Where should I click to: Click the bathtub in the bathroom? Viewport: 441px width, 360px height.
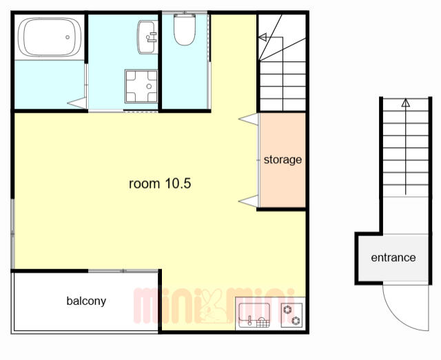pos(50,36)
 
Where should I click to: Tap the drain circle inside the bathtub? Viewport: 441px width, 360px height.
pos(68,37)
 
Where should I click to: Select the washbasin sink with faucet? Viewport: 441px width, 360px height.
pos(147,36)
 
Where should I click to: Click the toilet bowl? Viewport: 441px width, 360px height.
pos(185,29)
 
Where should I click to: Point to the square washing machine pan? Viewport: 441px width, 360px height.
pos(141,86)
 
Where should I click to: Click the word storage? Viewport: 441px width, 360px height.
pos(283,160)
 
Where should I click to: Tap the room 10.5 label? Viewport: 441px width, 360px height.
pos(160,184)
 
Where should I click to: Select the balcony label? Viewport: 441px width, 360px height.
pos(86,301)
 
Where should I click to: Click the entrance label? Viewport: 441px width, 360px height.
pos(393,257)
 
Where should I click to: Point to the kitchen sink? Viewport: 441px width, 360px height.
pos(254,315)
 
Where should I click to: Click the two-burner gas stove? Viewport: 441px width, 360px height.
pos(292,315)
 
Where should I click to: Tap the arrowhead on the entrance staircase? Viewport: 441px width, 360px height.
pos(405,103)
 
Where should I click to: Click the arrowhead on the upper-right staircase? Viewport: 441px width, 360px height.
pos(263,37)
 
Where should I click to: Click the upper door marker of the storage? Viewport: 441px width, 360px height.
pos(249,119)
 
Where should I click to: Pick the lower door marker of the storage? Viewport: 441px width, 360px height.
pos(249,201)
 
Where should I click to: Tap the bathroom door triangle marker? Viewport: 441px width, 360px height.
pos(77,103)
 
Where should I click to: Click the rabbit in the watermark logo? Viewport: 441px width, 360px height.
pos(213,306)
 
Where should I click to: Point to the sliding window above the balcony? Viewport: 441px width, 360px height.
pos(123,271)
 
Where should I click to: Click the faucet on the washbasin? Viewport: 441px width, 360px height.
pos(152,37)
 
